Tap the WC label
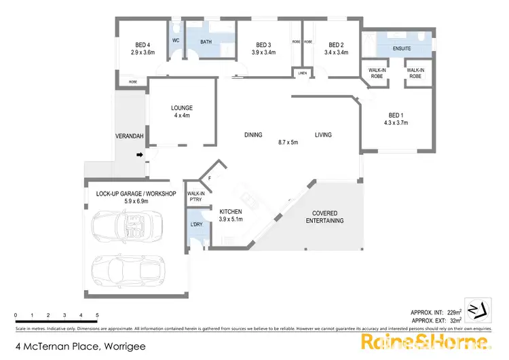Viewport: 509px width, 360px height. point(175,41)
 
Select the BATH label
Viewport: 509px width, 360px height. point(206,41)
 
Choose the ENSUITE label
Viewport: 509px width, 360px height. point(402,49)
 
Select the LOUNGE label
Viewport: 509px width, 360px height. point(182,107)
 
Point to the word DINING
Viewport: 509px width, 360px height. point(253,135)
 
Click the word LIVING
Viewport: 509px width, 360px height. point(323,135)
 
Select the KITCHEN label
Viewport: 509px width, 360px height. point(231,211)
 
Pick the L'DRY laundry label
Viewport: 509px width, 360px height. point(195,223)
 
